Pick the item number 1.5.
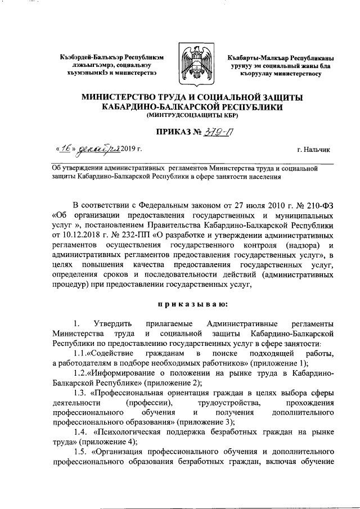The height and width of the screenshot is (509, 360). click(x=81, y=452)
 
